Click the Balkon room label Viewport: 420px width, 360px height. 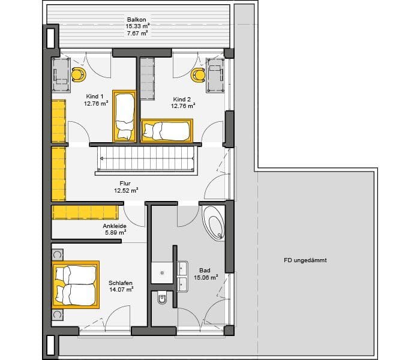point(137,20)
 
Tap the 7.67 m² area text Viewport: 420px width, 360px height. point(137,34)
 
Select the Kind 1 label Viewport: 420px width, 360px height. point(95,97)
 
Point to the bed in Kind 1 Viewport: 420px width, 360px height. point(124,116)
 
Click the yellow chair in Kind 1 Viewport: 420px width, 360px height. point(79,74)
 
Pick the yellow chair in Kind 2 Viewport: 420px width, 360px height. point(198,75)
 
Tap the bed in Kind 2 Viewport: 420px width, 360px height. point(167,131)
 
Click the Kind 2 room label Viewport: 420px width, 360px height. point(182,100)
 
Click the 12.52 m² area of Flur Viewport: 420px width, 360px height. point(126,190)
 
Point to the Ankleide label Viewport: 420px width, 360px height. point(115,226)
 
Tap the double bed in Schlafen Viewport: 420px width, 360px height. point(76,285)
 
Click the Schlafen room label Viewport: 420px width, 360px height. point(120,283)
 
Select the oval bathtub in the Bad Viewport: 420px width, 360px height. point(214,223)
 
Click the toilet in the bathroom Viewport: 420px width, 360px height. point(162,299)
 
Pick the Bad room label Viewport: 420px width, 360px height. point(205,271)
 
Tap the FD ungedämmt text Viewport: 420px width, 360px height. point(305,260)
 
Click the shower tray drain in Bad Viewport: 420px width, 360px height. point(162,273)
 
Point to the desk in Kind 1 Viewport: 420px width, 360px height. point(61,75)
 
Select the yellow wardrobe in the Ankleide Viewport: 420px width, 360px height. point(85,212)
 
